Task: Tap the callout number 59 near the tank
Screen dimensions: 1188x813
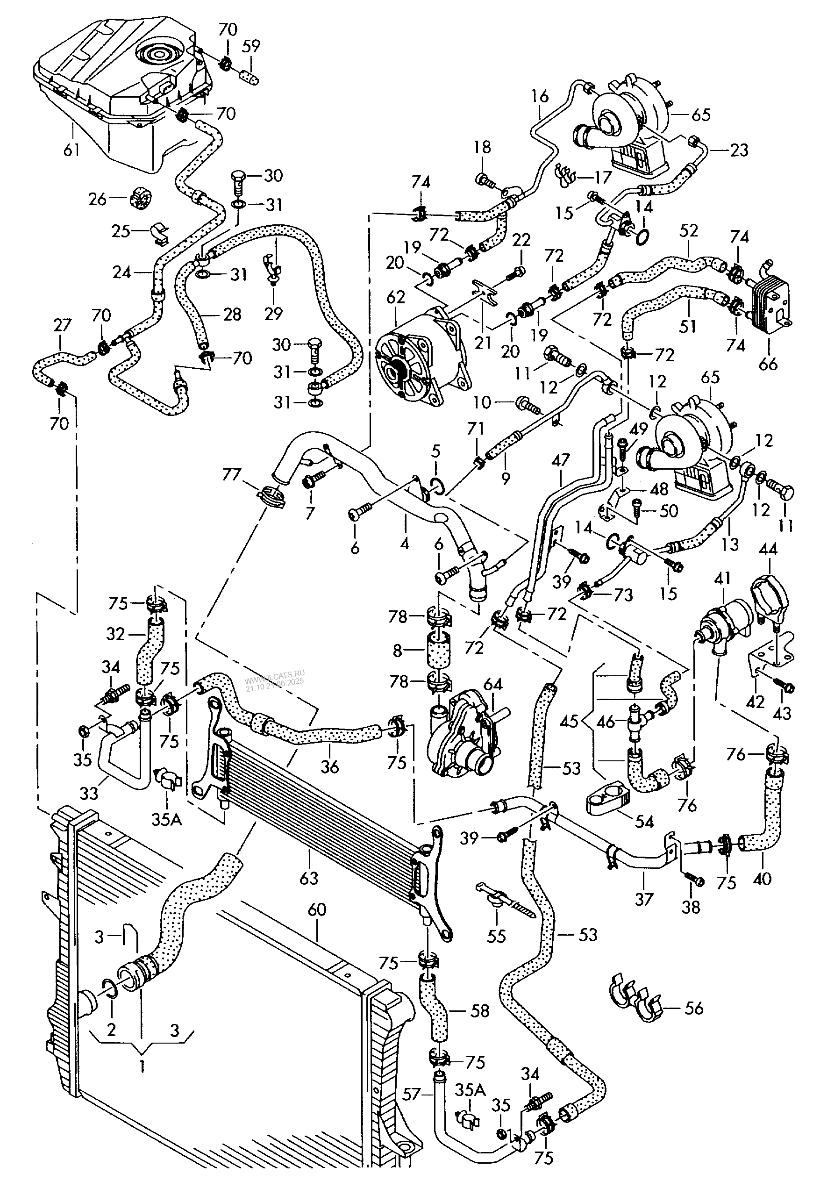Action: [251, 46]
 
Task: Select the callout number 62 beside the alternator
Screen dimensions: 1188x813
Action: [396, 297]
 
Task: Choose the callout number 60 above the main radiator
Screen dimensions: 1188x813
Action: [317, 909]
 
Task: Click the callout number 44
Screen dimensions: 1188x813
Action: [769, 550]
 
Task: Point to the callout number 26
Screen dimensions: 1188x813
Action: [97, 198]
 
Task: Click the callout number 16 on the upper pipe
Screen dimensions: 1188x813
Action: [540, 96]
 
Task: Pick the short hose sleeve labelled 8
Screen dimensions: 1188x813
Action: [438, 650]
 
